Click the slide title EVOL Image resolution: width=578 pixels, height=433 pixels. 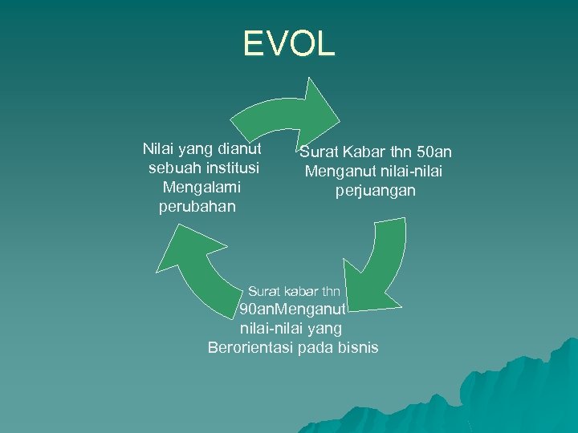point(289,44)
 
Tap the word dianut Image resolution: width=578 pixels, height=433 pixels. point(238,149)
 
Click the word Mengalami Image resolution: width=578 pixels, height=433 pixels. point(201,188)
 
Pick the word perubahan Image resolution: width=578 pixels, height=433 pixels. point(197,207)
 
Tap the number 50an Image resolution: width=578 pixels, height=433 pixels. point(434,152)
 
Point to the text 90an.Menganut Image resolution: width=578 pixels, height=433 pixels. point(292,309)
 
